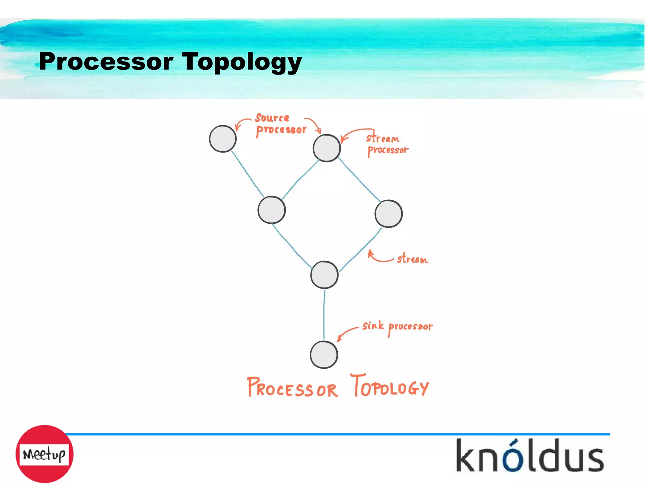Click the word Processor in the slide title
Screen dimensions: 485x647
pyautogui.click(x=106, y=61)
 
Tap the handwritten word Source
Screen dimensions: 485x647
pyautogui.click(x=272, y=118)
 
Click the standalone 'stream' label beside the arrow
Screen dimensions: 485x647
pyautogui.click(x=412, y=259)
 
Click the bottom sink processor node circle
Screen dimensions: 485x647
pyautogui.click(x=324, y=355)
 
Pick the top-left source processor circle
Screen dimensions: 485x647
pyautogui.click(x=223, y=139)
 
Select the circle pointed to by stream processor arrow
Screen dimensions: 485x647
pyautogui.click(x=327, y=148)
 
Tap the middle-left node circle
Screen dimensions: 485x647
pyautogui.click(x=272, y=210)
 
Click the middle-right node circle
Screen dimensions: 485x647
pyautogui.click(x=388, y=214)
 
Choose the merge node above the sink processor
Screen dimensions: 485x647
pyautogui.click(x=324, y=275)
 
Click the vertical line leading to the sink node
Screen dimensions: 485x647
pyautogui.click(x=324, y=314)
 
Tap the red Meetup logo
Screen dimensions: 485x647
pyautogui.click(x=45, y=454)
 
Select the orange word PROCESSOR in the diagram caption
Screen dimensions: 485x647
pyautogui.click(x=292, y=388)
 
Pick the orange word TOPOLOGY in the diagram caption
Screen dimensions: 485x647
pyautogui.click(x=390, y=386)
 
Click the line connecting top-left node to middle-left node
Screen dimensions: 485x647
pyautogui.click(x=247, y=174)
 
